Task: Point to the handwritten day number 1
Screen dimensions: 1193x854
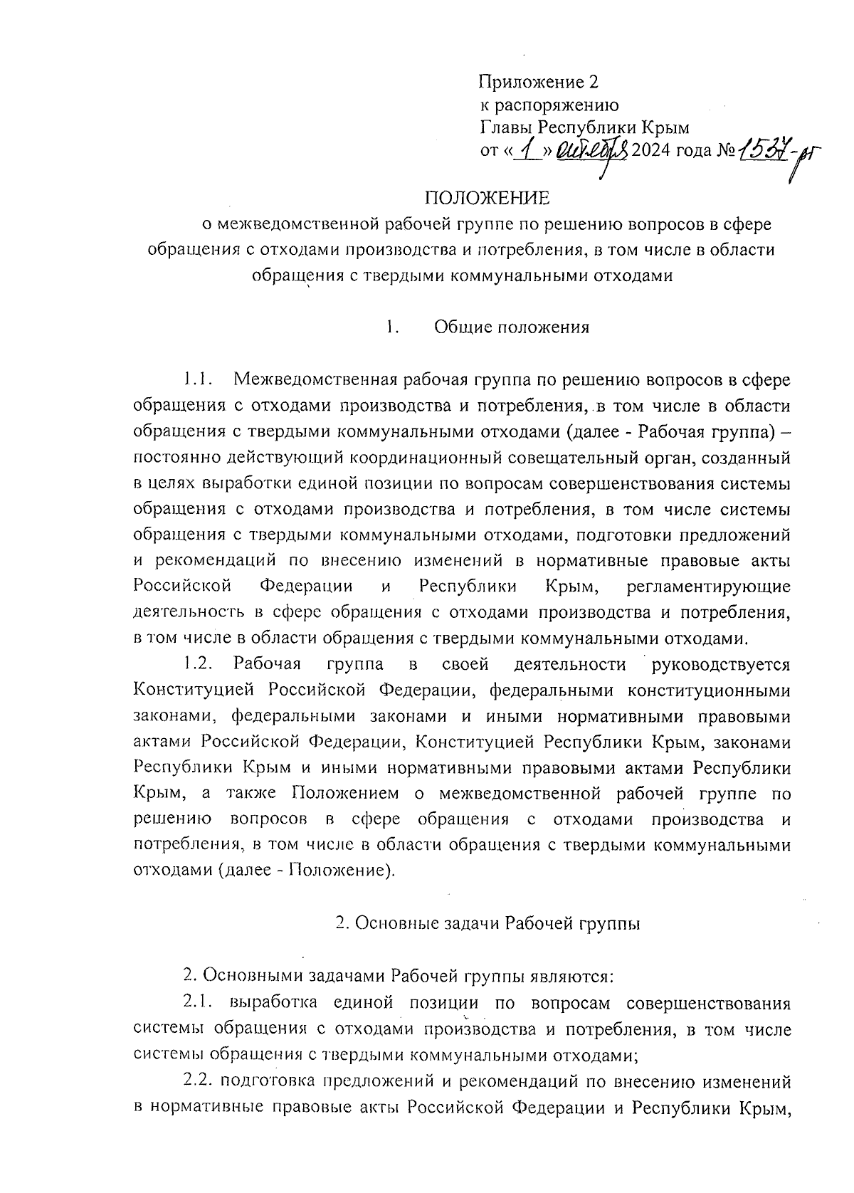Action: (x=527, y=152)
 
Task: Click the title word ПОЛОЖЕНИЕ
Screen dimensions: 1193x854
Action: (x=487, y=197)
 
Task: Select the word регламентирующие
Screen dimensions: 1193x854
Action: (x=710, y=587)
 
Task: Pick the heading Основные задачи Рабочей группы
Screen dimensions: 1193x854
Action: (x=488, y=924)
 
